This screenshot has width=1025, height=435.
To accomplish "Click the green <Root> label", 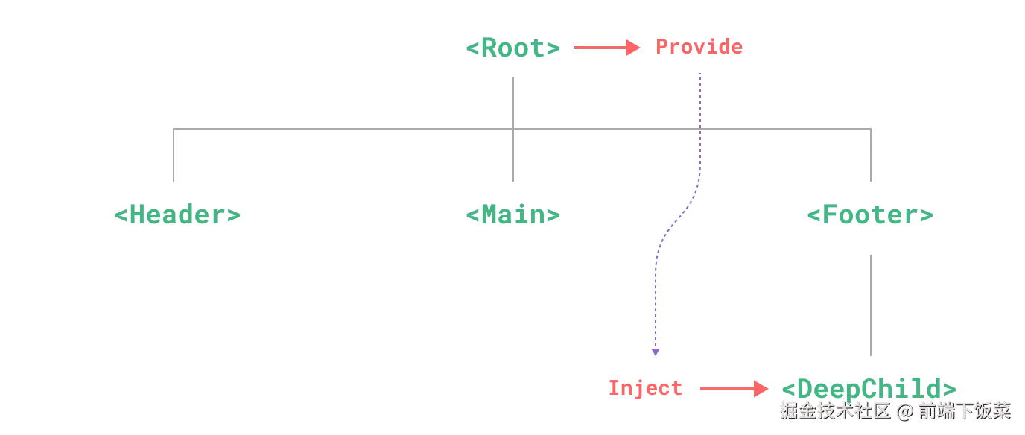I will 512,48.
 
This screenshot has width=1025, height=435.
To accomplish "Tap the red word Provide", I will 699,48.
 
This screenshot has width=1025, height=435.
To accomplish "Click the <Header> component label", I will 179,215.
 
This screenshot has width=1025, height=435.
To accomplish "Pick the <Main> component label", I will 512,215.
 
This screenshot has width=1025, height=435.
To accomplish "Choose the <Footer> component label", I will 870,215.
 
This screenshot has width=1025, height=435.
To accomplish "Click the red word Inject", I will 646,388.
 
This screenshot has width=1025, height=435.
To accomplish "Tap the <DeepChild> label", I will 869,388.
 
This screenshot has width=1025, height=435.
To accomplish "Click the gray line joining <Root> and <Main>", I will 515,104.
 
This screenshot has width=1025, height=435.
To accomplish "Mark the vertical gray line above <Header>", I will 176,156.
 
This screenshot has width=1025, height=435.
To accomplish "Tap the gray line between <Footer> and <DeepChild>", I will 873,304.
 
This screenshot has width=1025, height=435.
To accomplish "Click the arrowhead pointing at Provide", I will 634,48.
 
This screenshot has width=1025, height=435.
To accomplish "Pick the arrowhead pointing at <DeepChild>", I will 761,388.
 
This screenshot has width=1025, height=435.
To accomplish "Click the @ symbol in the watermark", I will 904,410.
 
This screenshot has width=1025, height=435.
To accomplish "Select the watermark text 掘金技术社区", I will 835,410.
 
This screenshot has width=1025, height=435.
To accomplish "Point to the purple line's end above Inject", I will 655,352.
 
